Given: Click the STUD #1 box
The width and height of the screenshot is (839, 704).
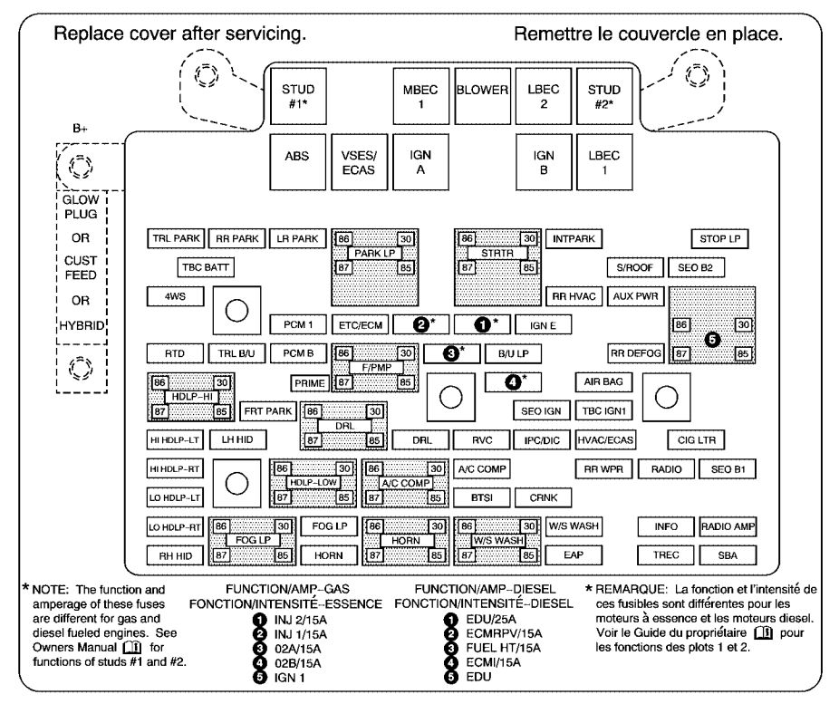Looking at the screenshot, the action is [298, 96].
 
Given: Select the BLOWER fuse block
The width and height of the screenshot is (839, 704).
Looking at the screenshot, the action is [482, 96].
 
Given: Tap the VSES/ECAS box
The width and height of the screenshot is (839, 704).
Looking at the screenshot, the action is [359, 162].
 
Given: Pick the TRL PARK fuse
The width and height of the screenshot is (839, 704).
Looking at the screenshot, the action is [176, 238].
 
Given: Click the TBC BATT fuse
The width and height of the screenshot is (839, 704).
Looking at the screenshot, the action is [206, 267].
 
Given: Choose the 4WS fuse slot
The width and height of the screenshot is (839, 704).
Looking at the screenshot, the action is [176, 296].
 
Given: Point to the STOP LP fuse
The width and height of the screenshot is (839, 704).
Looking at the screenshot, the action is [719, 238].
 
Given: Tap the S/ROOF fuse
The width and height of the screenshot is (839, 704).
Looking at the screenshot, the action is [635, 267].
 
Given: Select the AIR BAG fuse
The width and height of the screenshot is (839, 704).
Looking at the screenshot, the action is [603, 382].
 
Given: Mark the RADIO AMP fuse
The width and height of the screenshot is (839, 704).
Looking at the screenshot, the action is [728, 527].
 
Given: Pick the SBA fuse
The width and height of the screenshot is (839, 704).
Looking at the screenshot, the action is [728, 555].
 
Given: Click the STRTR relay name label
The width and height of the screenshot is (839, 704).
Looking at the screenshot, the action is [497, 253].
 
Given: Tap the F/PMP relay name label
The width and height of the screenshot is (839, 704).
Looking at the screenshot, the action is [376, 368].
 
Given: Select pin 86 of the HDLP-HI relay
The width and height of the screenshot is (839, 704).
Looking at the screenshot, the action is [159, 382].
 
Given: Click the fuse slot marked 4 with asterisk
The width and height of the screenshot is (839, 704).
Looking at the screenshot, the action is [513, 382].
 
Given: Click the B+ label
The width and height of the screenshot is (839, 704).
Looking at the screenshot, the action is [80, 129].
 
